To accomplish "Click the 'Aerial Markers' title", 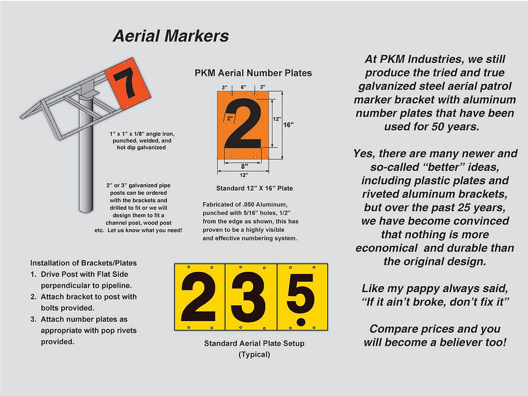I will click(x=170, y=37).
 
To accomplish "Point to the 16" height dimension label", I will click(x=289, y=125).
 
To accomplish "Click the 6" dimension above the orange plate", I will click(x=243, y=87).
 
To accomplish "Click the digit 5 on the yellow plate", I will click(x=301, y=290).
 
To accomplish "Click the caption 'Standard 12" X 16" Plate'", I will click(x=247, y=188).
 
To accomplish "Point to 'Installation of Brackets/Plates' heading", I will click(x=84, y=263).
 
